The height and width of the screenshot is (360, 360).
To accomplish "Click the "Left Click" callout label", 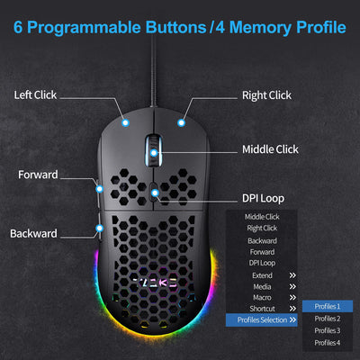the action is (35, 95).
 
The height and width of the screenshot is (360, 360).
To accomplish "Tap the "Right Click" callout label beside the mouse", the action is (266, 95).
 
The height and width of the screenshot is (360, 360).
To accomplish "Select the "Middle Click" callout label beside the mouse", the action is (270, 149).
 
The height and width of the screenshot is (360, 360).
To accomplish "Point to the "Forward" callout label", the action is (38, 175).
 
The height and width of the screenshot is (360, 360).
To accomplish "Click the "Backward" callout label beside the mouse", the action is (33, 233).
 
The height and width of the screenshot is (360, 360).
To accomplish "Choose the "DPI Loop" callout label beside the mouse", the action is (263, 198).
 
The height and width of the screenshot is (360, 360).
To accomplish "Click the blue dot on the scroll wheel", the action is (154, 153).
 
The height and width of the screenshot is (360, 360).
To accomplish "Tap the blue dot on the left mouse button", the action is (126, 122).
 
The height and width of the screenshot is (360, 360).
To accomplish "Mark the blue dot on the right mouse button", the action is (181, 122).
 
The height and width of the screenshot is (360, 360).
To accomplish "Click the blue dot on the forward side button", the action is (100, 189).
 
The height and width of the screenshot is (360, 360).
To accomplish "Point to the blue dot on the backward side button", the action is (100, 228).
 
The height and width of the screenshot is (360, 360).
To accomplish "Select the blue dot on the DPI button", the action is (155, 193).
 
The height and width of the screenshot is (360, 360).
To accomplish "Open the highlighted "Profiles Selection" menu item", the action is (262, 320).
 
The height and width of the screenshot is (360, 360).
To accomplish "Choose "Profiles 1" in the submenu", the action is (328, 306).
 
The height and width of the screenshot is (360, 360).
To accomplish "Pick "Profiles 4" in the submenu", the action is (328, 343).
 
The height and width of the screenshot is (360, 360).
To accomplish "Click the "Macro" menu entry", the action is (262, 298).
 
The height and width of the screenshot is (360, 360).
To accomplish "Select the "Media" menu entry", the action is (262, 287).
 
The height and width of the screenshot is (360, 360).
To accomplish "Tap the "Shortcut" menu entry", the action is (262, 309).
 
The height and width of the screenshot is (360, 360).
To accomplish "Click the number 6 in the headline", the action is (18, 27).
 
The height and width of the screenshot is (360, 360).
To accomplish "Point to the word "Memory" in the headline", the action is (260, 28).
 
